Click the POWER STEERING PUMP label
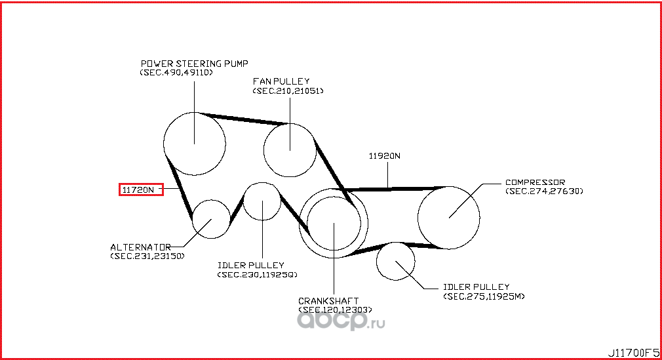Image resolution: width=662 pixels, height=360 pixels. click(x=194, y=64)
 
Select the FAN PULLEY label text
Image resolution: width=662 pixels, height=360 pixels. click(x=281, y=81)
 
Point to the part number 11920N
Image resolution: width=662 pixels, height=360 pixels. click(x=385, y=155)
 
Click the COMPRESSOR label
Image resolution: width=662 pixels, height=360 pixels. click(x=535, y=182)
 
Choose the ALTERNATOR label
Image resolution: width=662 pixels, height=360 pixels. click(x=140, y=247)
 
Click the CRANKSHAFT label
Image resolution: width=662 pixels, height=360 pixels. click(x=328, y=301)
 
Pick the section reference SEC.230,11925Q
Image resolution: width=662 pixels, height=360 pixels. click(x=258, y=275)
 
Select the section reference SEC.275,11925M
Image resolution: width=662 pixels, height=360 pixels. click(x=484, y=296)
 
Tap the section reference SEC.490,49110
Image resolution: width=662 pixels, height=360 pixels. click(x=176, y=72)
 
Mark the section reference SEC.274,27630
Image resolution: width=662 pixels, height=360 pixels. click(x=544, y=191)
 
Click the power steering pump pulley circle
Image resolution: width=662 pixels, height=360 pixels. click(x=194, y=144)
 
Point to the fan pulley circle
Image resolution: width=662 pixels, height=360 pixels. click(x=290, y=150)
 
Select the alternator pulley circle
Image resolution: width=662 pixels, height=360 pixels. click(x=211, y=219)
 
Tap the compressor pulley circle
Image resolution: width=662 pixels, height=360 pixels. click(x=449, y=218)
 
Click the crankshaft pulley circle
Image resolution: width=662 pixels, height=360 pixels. click(x=334, y=223)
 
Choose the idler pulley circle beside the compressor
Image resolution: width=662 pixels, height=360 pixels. click(x=396, y=261)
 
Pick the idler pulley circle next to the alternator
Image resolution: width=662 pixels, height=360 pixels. click(x=262, y=201)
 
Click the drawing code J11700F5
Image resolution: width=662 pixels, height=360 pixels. click(x=633, y=352)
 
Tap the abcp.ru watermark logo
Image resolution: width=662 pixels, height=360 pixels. click(x=341, y=322)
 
